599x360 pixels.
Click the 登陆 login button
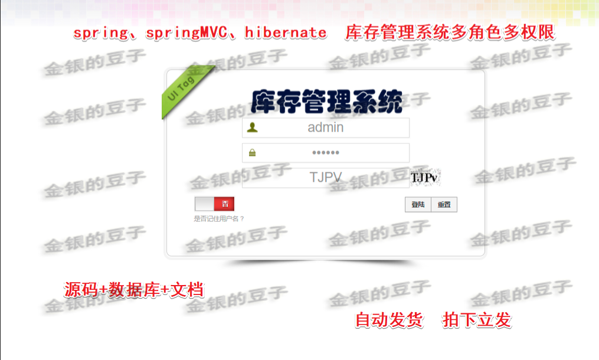click(418, 205)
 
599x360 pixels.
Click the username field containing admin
click(326, 127)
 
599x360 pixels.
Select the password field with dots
click(326, 153)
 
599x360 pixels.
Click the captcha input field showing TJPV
click(326, 178)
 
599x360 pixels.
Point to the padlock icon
click(253, 153)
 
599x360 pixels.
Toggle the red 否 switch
click(224, 204)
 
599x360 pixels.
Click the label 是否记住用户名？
click(219, 218)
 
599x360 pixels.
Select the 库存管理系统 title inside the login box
click(326, 102)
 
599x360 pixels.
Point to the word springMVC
click(182, 32)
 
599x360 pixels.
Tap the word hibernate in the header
click(285, 32)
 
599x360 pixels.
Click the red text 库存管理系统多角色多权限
click(450, 32)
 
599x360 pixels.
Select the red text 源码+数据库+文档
click(134, 290)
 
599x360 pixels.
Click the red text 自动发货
click(389, 320)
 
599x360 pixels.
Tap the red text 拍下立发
click(476, 320)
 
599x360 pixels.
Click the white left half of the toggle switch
click(205, 204)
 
